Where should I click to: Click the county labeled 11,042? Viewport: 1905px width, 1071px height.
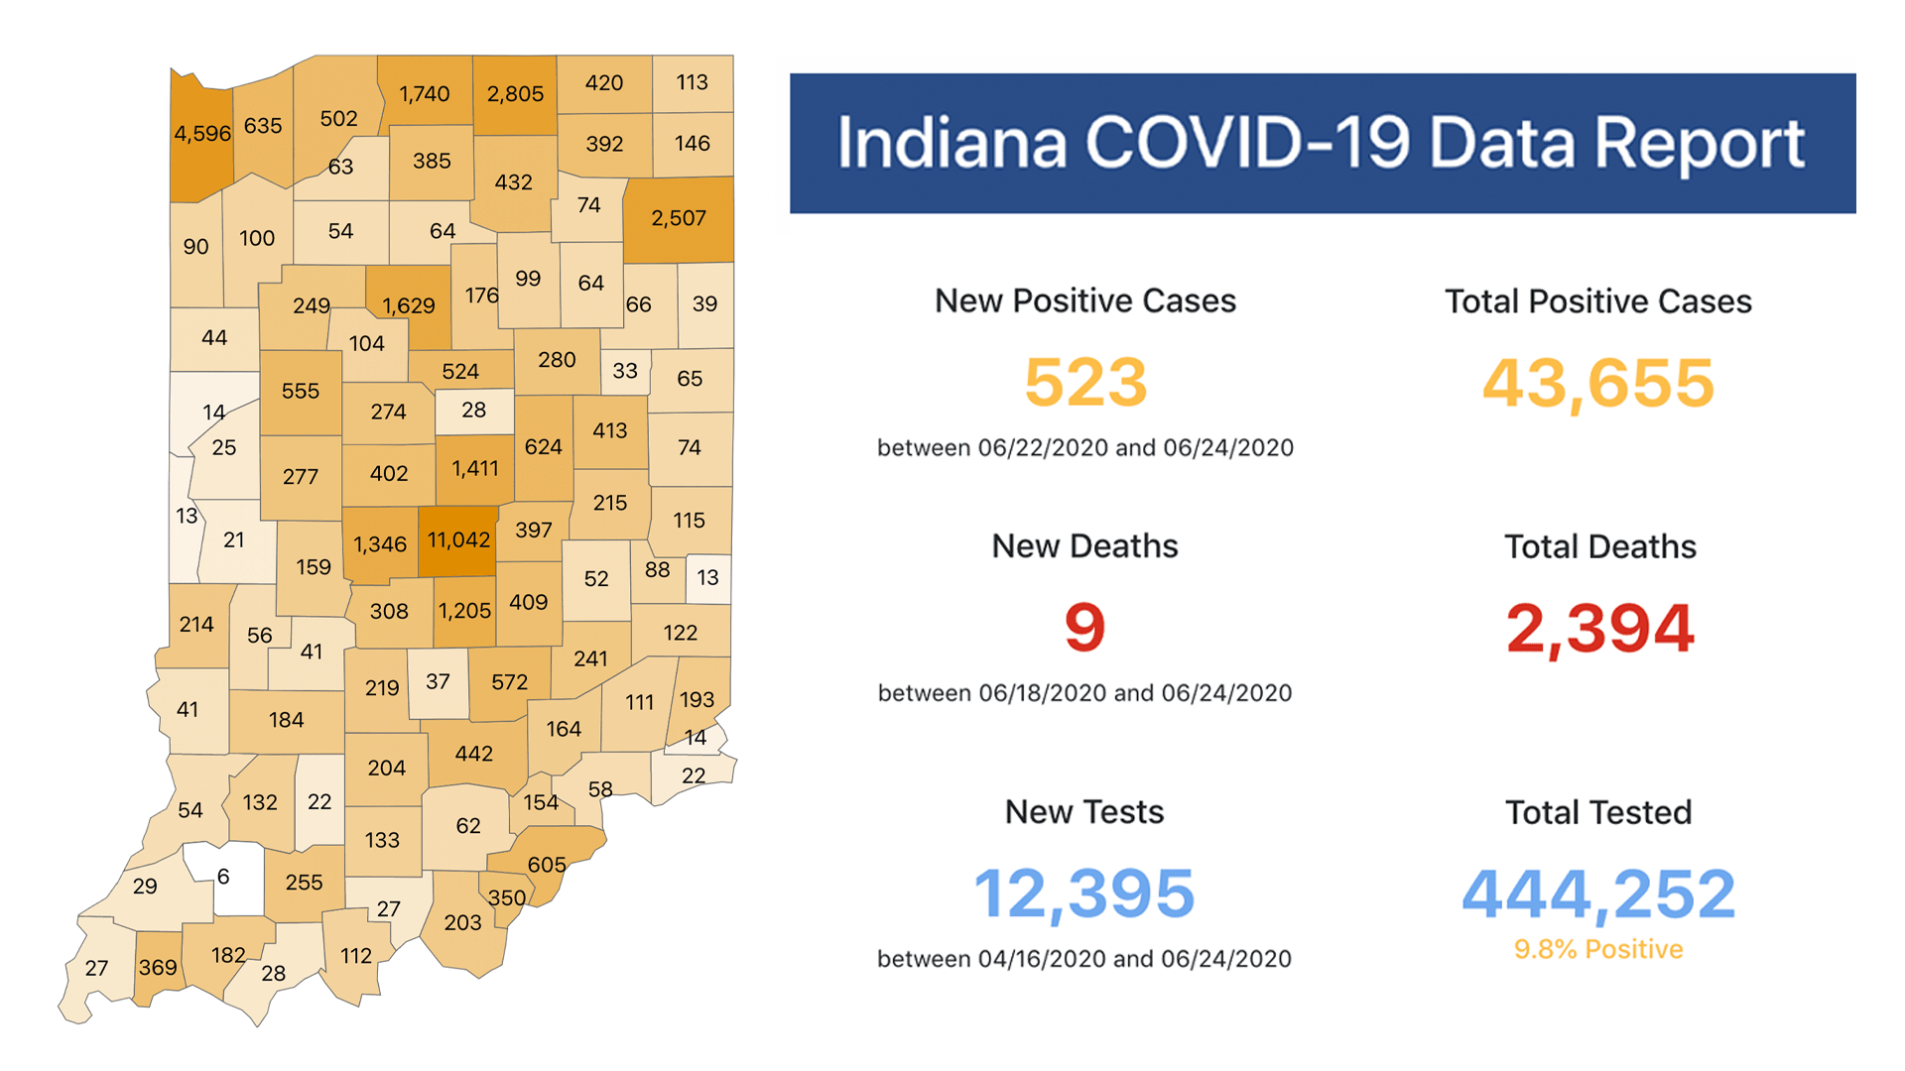(457, 541)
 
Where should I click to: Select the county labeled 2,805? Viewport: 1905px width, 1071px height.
(515, 95)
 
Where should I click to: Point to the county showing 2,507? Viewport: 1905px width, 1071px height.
(679, 219)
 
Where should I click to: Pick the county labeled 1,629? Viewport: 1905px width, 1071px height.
(409, 306)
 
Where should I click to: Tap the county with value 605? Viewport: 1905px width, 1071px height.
(548, 865)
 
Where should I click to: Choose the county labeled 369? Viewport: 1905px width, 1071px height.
(158, 968)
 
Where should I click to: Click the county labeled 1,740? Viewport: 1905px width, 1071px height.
(425, 95)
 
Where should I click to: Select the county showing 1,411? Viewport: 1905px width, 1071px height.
(475, 469)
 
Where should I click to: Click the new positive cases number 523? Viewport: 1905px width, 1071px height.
(1085, 383)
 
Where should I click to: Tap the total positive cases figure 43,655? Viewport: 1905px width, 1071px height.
(1597, 383)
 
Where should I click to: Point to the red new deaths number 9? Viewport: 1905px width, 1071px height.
(1084, 628)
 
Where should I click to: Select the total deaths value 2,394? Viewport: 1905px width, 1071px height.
(1599, 629)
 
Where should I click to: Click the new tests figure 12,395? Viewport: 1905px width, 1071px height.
(1084, 893)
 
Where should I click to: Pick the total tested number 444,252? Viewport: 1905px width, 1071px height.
(1598, 893)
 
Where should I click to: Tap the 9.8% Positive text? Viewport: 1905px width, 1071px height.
(1598, 950)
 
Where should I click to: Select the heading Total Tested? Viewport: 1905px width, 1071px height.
(1598, 813)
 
